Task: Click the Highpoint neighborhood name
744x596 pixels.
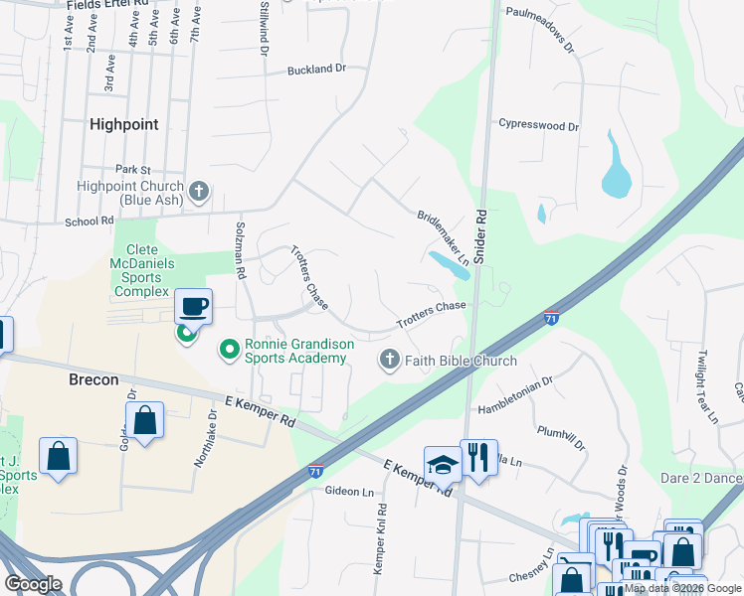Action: (x=123, y=124)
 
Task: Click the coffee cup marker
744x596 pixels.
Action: (x=194, y=307)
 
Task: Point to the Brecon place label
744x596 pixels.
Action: (x=93, y=379)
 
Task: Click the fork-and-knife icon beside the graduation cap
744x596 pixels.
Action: (x=478, y=458)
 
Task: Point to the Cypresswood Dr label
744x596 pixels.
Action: (x=539, y=126)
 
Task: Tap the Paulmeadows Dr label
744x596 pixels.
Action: (x=540, y=45)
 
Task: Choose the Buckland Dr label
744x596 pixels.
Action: (x=315, y=70)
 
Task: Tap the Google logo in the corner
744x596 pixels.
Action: (x=34, y=584)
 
